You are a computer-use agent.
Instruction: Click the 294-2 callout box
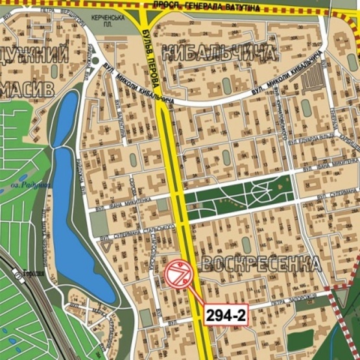coord(227,315)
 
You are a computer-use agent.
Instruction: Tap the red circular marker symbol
coord(176,274)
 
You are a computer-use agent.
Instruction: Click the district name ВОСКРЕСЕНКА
coord(261,264)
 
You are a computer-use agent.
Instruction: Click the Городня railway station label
coord(29,274)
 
